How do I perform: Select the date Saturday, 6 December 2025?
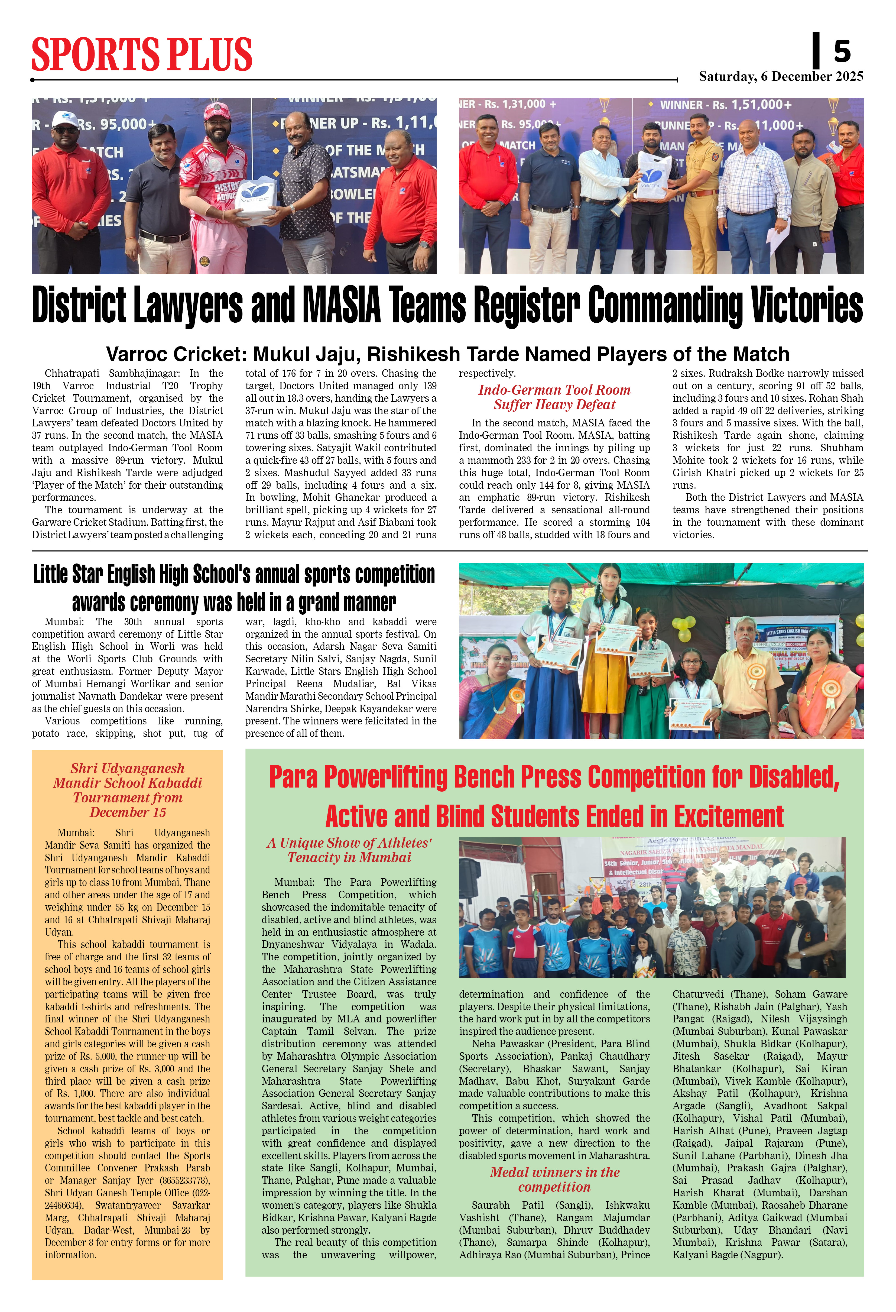click(x=781, y=76)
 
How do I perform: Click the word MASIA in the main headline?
click(x=341, y=305)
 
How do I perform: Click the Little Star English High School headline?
click(x=234, y=588)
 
